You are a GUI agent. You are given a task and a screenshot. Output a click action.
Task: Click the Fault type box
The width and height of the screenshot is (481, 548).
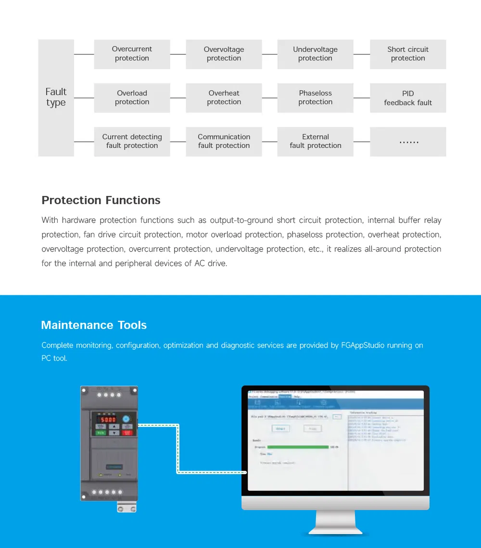pos(56,97)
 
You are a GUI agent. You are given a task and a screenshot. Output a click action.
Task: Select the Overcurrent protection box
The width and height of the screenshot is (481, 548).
pos(132,54)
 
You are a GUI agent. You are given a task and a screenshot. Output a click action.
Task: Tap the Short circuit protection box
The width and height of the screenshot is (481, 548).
pos(408,54)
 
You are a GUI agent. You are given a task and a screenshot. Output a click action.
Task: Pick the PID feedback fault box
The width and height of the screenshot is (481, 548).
pos(408,98)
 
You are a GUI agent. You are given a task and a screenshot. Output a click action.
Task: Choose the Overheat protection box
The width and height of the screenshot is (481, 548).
pos(224,97)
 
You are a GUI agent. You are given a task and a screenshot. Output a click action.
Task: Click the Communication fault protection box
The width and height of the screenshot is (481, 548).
pos(224,141)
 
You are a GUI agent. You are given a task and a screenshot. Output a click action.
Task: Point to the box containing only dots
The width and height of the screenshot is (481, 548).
pos(408,142)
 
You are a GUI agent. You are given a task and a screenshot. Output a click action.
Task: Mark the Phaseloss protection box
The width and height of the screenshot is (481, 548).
pos(315,97)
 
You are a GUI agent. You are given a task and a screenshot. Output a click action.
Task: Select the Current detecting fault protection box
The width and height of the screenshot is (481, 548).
pos(132,141)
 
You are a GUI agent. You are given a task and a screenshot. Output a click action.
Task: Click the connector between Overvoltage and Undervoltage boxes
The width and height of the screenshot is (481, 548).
pos(269,54)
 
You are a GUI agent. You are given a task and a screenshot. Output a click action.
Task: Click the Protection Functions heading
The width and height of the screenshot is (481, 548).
pos(101,200)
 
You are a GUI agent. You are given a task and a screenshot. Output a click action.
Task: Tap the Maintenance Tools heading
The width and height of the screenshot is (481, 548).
pos(94,325)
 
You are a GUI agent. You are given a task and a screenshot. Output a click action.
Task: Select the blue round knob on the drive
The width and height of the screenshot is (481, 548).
pos(127,419)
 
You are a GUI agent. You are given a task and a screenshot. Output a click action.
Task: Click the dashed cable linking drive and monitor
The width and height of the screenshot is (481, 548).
pos(177,449)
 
